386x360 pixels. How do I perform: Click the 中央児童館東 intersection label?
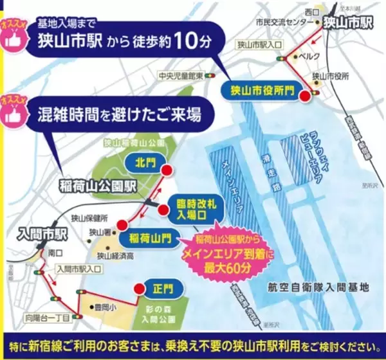pos(181,76)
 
